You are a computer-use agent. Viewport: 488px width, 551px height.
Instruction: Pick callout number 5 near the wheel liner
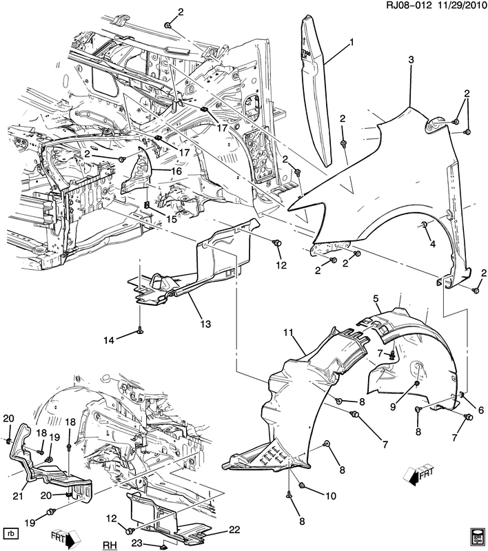click(377, 299)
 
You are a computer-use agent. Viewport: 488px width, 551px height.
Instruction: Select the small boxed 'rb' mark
click(10, 533)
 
